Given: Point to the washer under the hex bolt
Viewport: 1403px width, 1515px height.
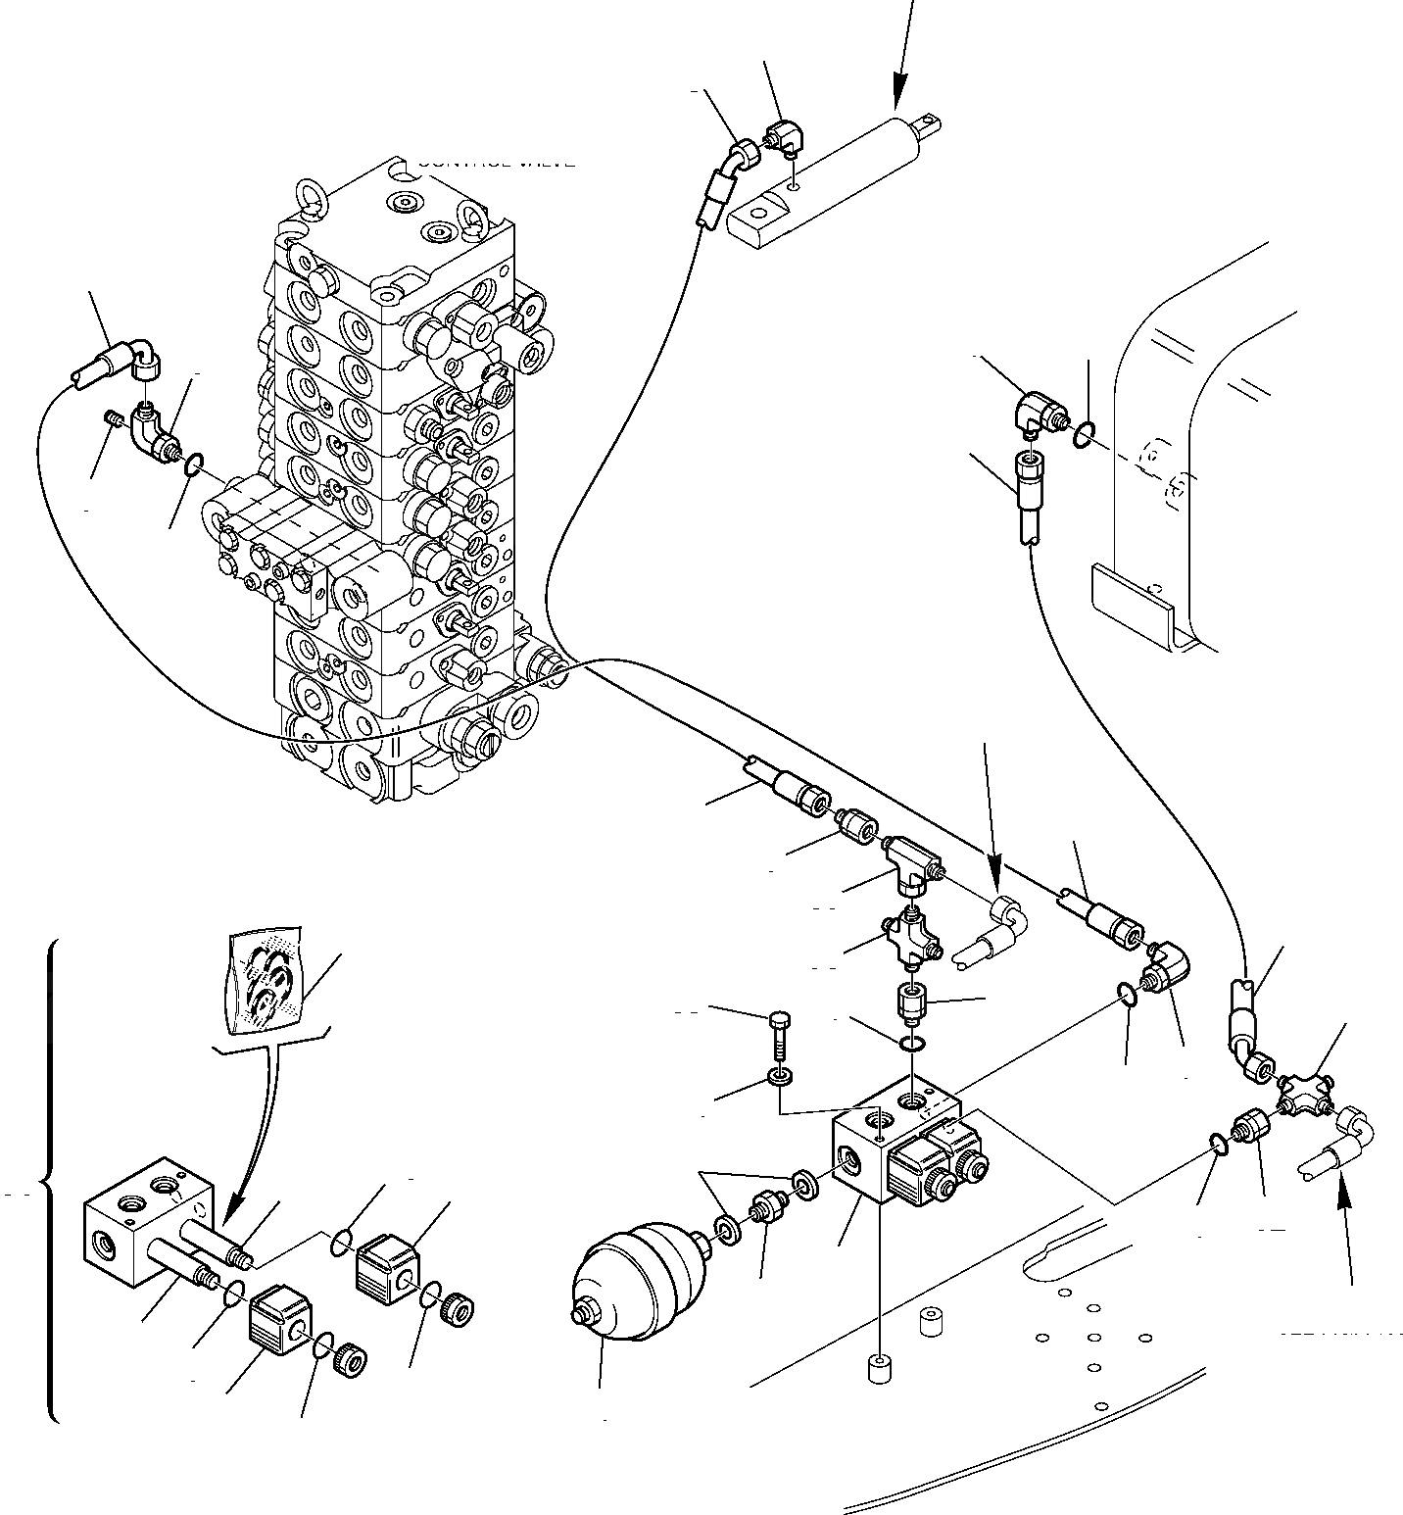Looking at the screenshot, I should (781, 1080).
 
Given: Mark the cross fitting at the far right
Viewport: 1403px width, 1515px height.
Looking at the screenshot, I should (1302, 1093).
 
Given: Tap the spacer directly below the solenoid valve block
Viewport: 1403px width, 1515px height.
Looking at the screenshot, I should (878, 1368).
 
